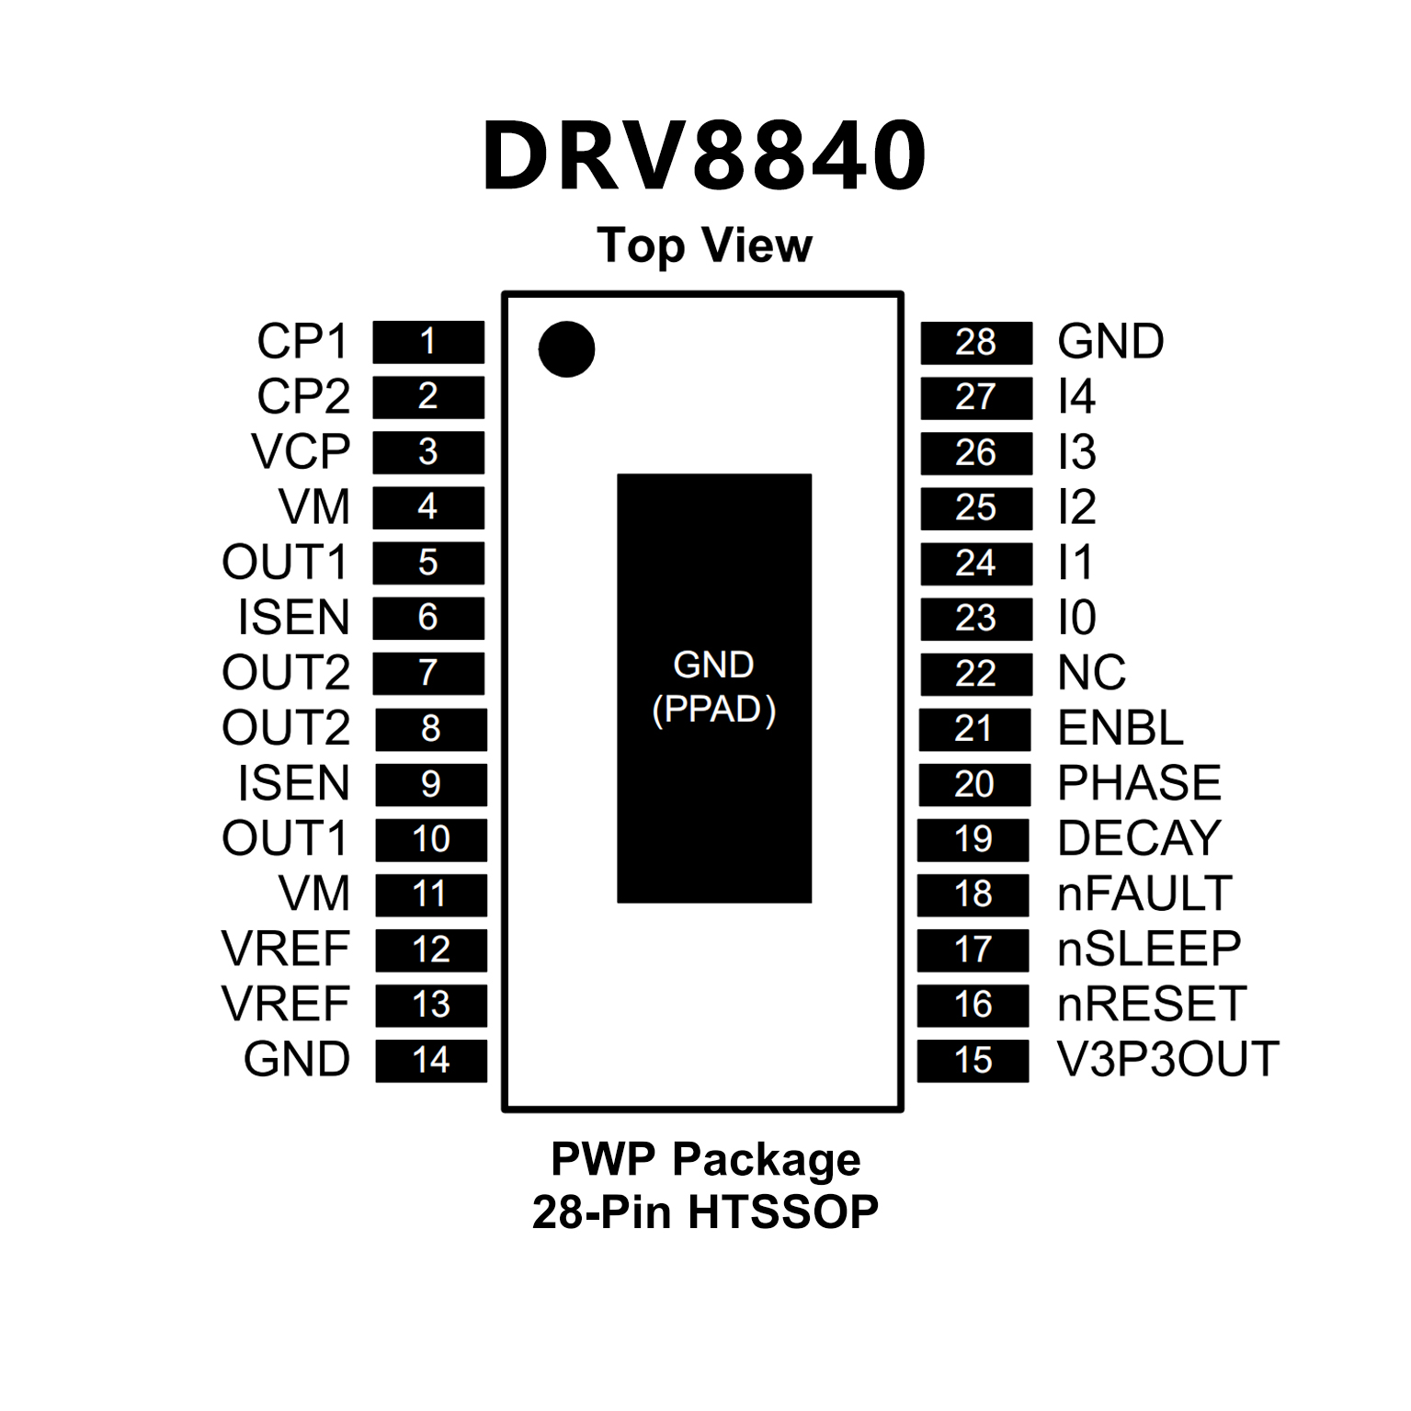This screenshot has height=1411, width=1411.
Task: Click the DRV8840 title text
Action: (x=704, y=156)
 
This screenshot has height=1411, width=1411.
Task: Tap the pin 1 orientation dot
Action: (x=566, y=349)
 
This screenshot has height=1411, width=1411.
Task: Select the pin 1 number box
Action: (x=428, y=342)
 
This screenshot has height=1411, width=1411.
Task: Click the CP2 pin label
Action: (x=303, y=397)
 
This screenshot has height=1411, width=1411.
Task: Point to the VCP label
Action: (x=301, y=452)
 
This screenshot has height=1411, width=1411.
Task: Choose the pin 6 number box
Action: (x=428, y=618)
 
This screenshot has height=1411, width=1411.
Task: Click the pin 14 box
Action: (x=430, y=1060)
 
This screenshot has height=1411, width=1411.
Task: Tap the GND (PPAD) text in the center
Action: (x=713, y=687)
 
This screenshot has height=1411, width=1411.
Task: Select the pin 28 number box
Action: (x=975, y=343)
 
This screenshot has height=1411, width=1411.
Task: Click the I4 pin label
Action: (x=1076, y=397)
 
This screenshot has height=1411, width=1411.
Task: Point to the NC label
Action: (x=1091, y=673)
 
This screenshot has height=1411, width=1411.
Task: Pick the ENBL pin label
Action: (x=1120, y=728)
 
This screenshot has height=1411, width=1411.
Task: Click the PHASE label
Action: (x=1139, y=783)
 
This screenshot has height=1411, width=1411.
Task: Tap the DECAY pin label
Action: (x=1139, y=838)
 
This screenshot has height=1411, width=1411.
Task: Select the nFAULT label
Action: (x=1144, y=893)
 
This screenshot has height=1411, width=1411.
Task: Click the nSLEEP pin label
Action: (x=1149, y=949)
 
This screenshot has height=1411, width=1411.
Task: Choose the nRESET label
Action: (x=1152, y=1004)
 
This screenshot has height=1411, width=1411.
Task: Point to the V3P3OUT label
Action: (x=1168, y=1059)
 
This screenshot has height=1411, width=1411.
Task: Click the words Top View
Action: (x=704, y=245)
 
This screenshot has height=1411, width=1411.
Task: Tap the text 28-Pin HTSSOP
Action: (x=705, y=1212)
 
